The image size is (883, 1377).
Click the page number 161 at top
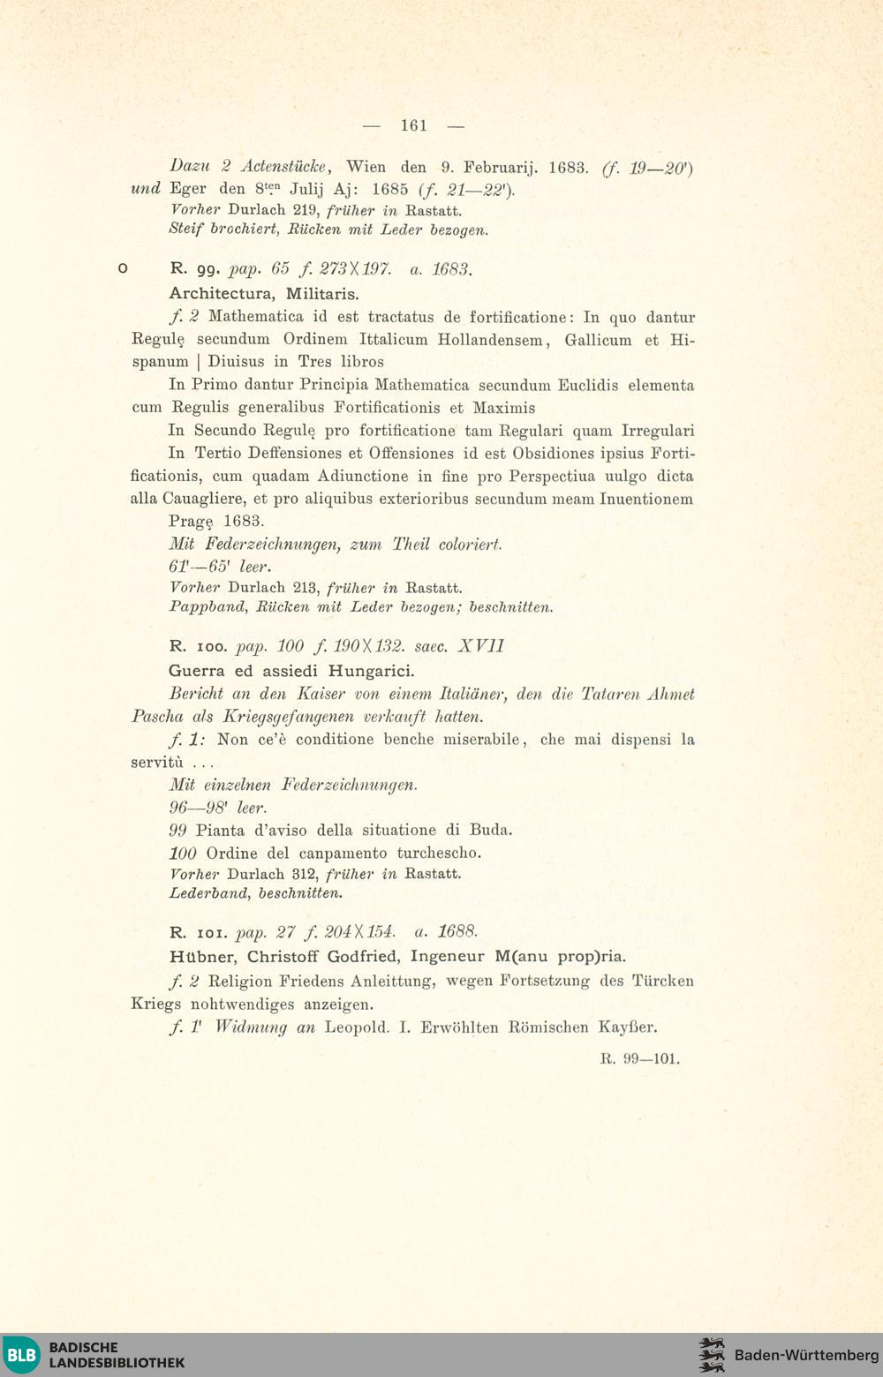click(413, 125)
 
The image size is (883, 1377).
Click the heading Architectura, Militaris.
click(264, 294)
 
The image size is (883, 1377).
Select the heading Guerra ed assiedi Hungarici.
click(291, 671)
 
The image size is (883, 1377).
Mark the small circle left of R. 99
click(123, 268)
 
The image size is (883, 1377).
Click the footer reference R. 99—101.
click(640, 1059)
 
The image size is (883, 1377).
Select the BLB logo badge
click(21, 1354)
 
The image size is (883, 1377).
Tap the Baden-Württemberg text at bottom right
click(806, 1355)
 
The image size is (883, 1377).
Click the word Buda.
click(492, 831)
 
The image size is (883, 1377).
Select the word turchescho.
click(439, 854)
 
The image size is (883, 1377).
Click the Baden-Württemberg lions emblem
click(712, 1355)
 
